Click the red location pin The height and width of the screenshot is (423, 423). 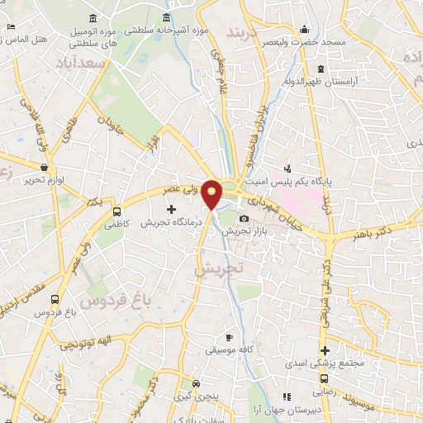[212, 194]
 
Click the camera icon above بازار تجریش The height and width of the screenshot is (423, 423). [243, 218]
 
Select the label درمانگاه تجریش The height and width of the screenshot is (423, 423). [164, 223]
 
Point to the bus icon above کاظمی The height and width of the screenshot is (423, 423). [116, 211]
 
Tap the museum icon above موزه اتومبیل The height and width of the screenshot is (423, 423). [91, 18]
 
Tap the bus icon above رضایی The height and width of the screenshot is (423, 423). [323, 379]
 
